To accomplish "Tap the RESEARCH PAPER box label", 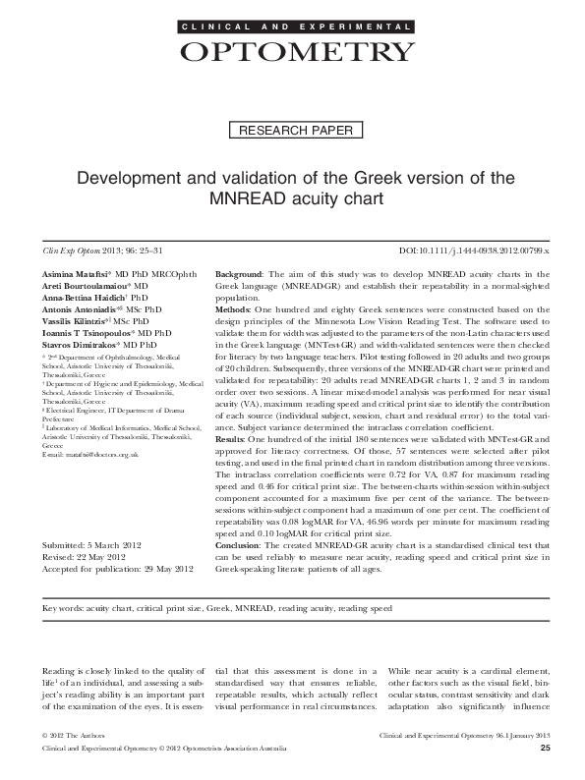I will [292, 131].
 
